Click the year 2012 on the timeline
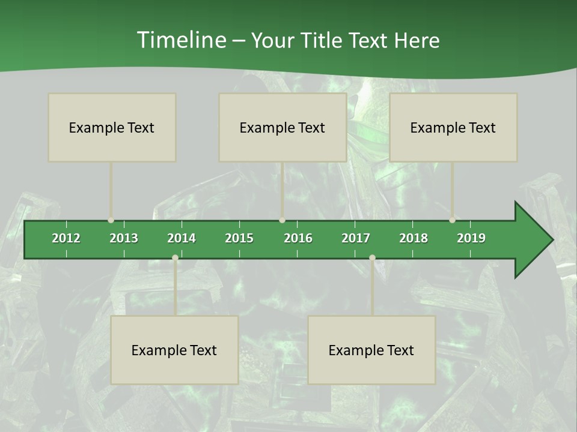point(66,238)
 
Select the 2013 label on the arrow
point(124,238)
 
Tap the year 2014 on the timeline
point(182,238)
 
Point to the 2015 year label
point(239,238)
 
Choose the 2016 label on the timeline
point(298,238)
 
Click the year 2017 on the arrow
point(356,238)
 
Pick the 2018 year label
point(414,238)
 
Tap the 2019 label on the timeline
point(471,238)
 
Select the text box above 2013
point(112,127)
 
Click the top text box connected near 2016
point(282,127)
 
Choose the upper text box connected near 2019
point(453,127)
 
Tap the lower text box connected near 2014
point(174,350)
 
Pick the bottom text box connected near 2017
point(371,350)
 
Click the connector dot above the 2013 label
point(111,220)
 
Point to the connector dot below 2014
point(175,258)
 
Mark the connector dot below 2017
point(372,258)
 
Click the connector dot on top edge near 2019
point(453,220)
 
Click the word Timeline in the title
point(181,40)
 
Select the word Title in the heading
point(324,40)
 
